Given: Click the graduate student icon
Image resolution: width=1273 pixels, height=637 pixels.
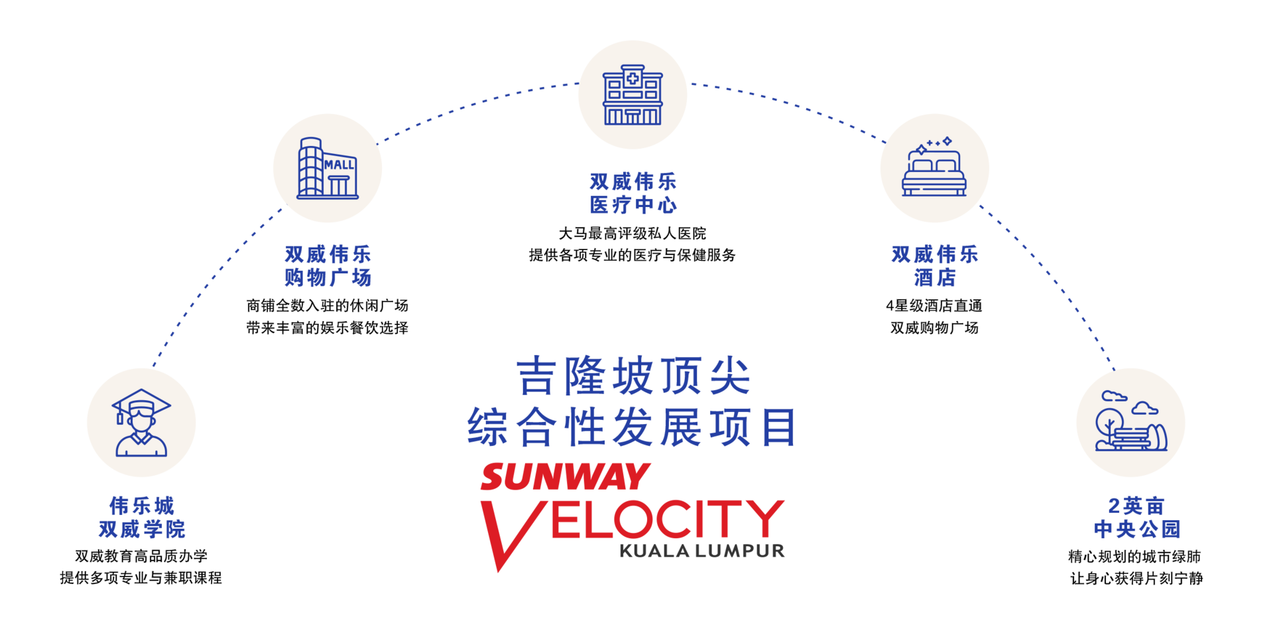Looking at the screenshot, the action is [141, 423].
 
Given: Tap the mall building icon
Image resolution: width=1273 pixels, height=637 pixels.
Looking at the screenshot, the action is [328, 169].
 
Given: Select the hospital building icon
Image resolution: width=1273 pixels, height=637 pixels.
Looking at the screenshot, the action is [633, 95].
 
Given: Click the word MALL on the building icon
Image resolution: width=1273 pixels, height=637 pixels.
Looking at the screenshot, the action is [339, 165].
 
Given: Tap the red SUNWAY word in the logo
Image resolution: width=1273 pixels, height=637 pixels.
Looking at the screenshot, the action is [565, 476].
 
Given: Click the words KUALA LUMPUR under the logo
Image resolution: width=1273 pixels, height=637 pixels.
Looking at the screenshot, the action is [702, 551].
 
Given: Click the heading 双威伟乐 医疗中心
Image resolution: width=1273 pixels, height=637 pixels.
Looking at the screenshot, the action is [633, 193].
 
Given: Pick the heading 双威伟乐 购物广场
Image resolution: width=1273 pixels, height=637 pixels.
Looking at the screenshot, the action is [328, 265].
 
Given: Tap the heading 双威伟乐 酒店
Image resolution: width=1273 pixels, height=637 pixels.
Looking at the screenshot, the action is [935, 265].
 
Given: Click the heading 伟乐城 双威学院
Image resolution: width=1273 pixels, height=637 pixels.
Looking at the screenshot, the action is [142, 518].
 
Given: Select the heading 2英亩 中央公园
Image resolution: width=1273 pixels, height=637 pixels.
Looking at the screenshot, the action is [1137, 518].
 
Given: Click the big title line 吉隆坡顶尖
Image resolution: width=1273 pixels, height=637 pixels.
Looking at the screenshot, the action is [633, 376].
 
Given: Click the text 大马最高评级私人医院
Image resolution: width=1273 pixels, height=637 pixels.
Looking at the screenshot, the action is [633, 233].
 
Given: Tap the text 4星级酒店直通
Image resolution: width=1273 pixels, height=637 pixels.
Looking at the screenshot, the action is [934, 305].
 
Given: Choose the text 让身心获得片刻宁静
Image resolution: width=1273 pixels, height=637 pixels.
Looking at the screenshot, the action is [1136, 579].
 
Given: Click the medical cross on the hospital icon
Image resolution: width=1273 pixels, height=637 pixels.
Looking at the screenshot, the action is [633, 78].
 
